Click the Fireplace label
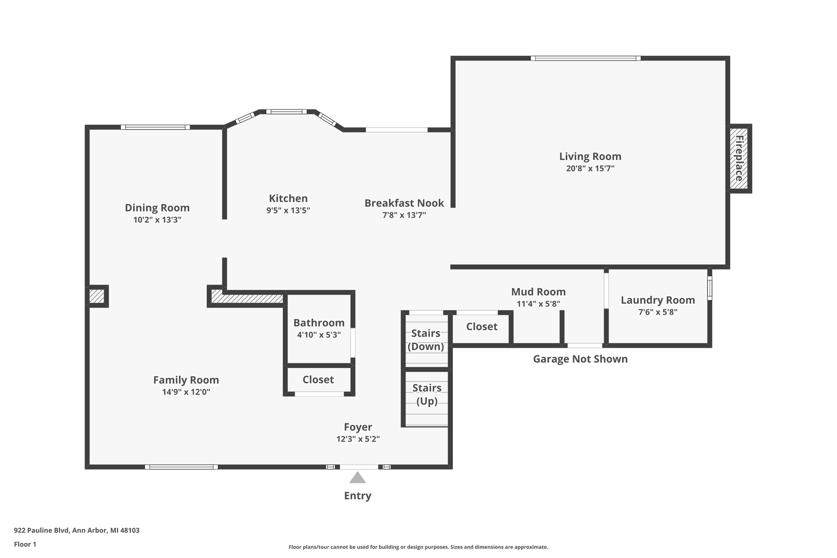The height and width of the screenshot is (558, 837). tap(739, 159)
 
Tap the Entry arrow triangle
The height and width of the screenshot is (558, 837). tap(358, 477)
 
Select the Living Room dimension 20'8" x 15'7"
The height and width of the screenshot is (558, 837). tap(590, 168)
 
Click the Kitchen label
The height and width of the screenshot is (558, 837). tap(288, 199)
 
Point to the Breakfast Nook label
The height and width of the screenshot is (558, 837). tap(404, 203)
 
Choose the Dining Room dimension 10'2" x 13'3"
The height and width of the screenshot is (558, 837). tap(157, 220)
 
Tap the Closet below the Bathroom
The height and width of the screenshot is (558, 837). tap(318, 380)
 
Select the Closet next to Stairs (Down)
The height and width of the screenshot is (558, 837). tap(481, 327)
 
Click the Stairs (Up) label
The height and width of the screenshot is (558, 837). tap(427, 394)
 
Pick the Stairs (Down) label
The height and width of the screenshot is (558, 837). tap(426, 340)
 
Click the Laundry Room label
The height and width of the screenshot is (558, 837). tap(658, 300)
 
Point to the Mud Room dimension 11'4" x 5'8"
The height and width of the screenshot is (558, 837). tap(538, 304)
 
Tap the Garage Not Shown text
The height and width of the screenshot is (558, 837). tap(580, 359)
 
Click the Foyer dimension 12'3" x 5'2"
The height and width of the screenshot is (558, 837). tap(358, 439)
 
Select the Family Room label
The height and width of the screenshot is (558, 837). tap(186, 380)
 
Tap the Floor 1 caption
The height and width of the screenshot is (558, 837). tap(25, 544)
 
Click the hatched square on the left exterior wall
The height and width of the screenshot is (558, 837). tap(97, 296)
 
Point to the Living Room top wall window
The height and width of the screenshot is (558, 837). tap(585, 58)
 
